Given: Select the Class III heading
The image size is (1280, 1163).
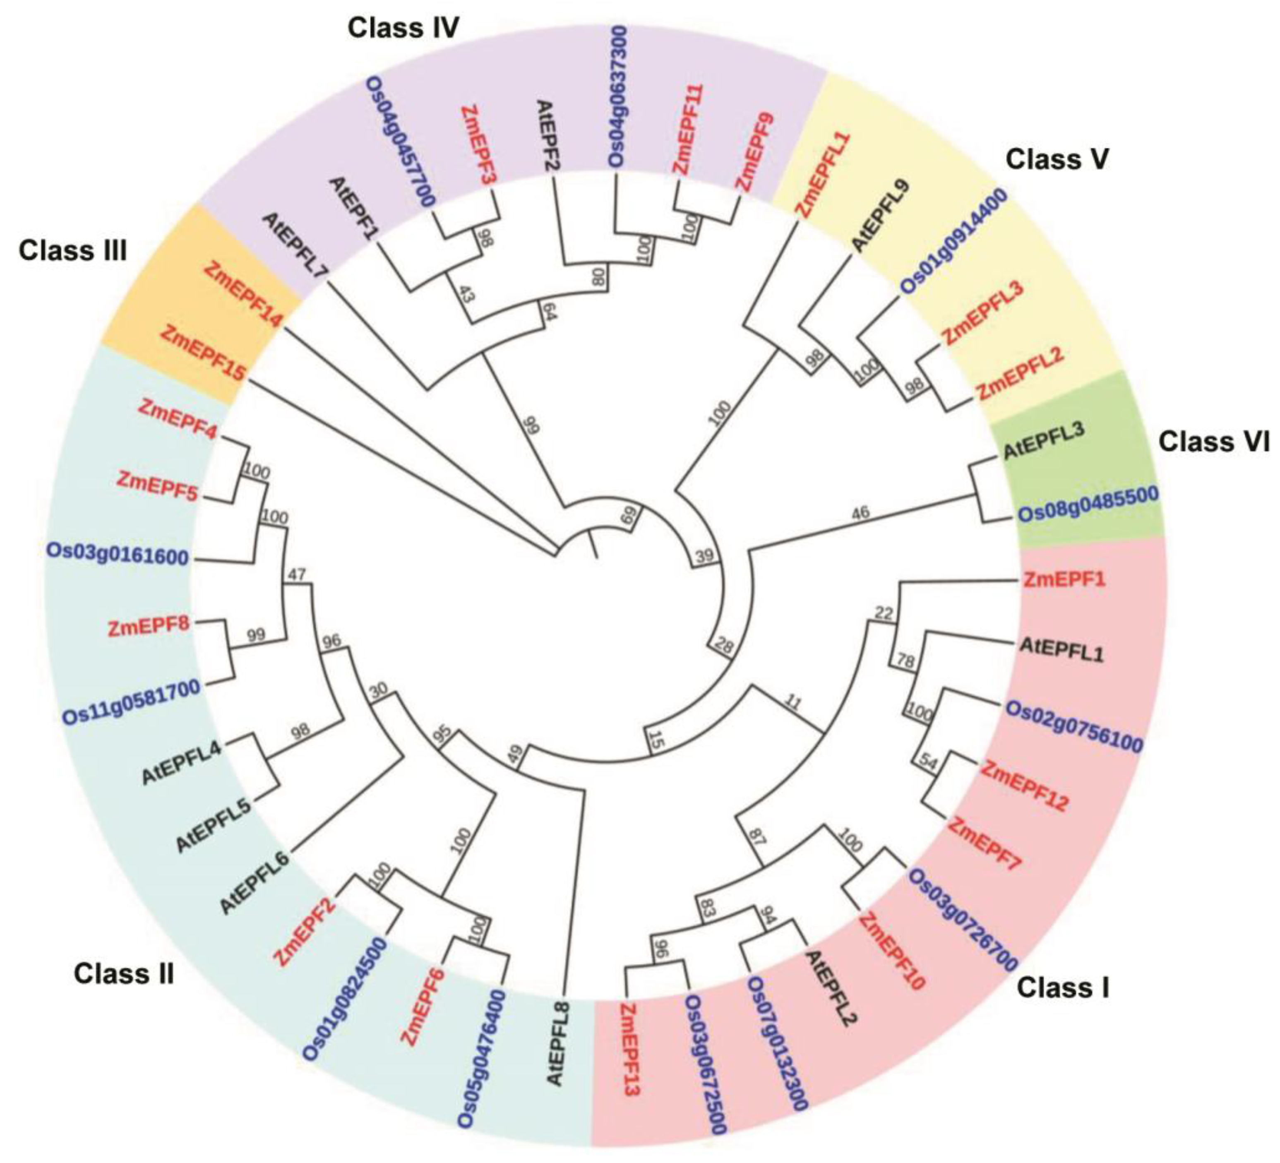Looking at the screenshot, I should click(x=72, y=251).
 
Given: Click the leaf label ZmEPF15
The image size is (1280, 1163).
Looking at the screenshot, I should click(x=202, y=352).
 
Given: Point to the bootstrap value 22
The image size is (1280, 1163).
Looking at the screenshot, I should click(x=884, y=613).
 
